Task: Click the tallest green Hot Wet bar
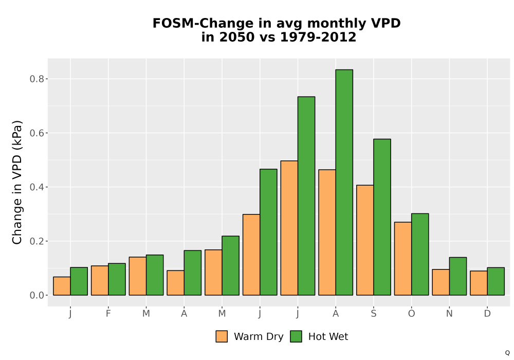[x=344, y=182]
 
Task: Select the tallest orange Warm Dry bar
[x=289, y=228]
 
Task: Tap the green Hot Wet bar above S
[x=382, y=217]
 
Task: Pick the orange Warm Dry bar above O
[x=403, y=259]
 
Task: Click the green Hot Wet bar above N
[x=458, y=276]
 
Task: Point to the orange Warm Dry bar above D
[x=479, y=283]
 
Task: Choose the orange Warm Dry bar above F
[x=100, y=280]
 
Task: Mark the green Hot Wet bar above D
[x=495, y=281]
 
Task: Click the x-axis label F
[x=108, y=314]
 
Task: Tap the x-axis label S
[x=373, y=314]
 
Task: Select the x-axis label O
[x=411, y=314]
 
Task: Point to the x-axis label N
[x=449, y=314]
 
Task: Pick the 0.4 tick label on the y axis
[x=36, y=187]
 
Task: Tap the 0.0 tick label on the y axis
[x=36, y=295]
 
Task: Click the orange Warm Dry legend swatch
[x=222, y=336]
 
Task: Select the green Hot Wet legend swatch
[x=296, y=336]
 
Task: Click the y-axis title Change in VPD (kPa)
[x=17, y=182]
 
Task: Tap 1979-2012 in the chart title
[x=318, y=37]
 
